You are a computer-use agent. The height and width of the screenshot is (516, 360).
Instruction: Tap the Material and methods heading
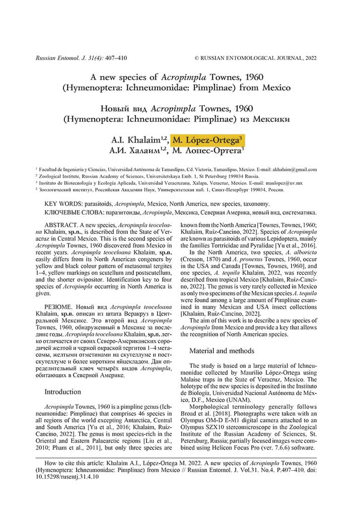[x=222, y=350]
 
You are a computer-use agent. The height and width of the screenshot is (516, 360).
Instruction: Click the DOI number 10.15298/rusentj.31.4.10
[x=64, y=477]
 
